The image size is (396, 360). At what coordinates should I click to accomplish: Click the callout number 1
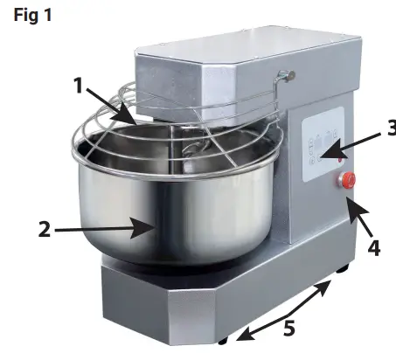pos(80,86)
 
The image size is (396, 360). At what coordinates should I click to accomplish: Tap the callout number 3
pos(389,128)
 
